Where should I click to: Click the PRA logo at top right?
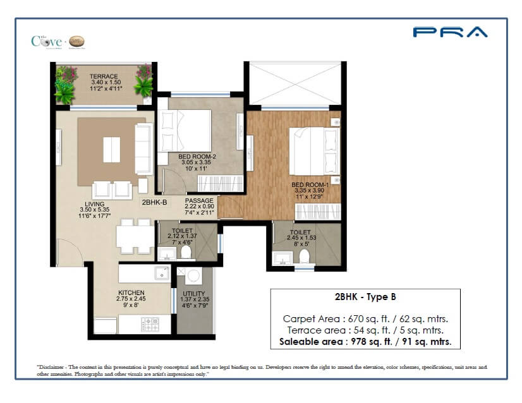(x=450, y=32)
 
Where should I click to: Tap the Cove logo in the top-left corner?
(x=58, y=42)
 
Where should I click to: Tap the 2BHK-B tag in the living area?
(x=155, y=203)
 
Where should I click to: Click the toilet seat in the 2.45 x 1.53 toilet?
(x=305, y=256)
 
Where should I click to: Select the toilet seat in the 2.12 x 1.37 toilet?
(x=186, y=252)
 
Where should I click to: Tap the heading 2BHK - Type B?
(x=365, y=296)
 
